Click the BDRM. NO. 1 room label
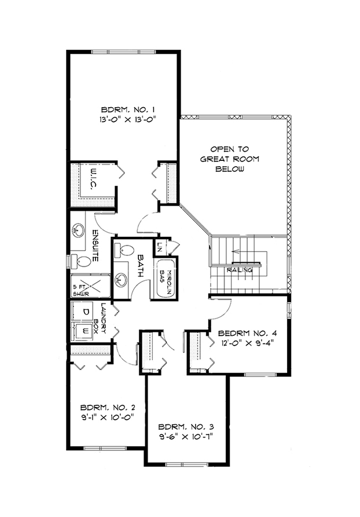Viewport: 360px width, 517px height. [128, 109]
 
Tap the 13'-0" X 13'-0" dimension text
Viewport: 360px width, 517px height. [127, 119]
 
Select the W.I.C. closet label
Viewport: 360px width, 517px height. [93, 180]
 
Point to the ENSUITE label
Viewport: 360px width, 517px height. [95, 245]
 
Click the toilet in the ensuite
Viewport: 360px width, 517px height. [81, 262]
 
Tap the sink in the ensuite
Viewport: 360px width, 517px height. [79, 230]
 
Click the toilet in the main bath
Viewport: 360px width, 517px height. [124, 250]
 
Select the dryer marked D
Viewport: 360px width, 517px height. [84, 311]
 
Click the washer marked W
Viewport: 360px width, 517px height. [84, 331]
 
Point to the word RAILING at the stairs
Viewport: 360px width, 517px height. [240, 270]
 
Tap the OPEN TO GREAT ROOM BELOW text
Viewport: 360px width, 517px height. [230, 159]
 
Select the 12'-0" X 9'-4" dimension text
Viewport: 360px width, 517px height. [247, 343]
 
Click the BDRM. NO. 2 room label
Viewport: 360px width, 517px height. [108, 408]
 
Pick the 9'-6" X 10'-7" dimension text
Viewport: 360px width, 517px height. [186, 437]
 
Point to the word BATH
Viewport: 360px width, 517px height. [141, 266]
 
